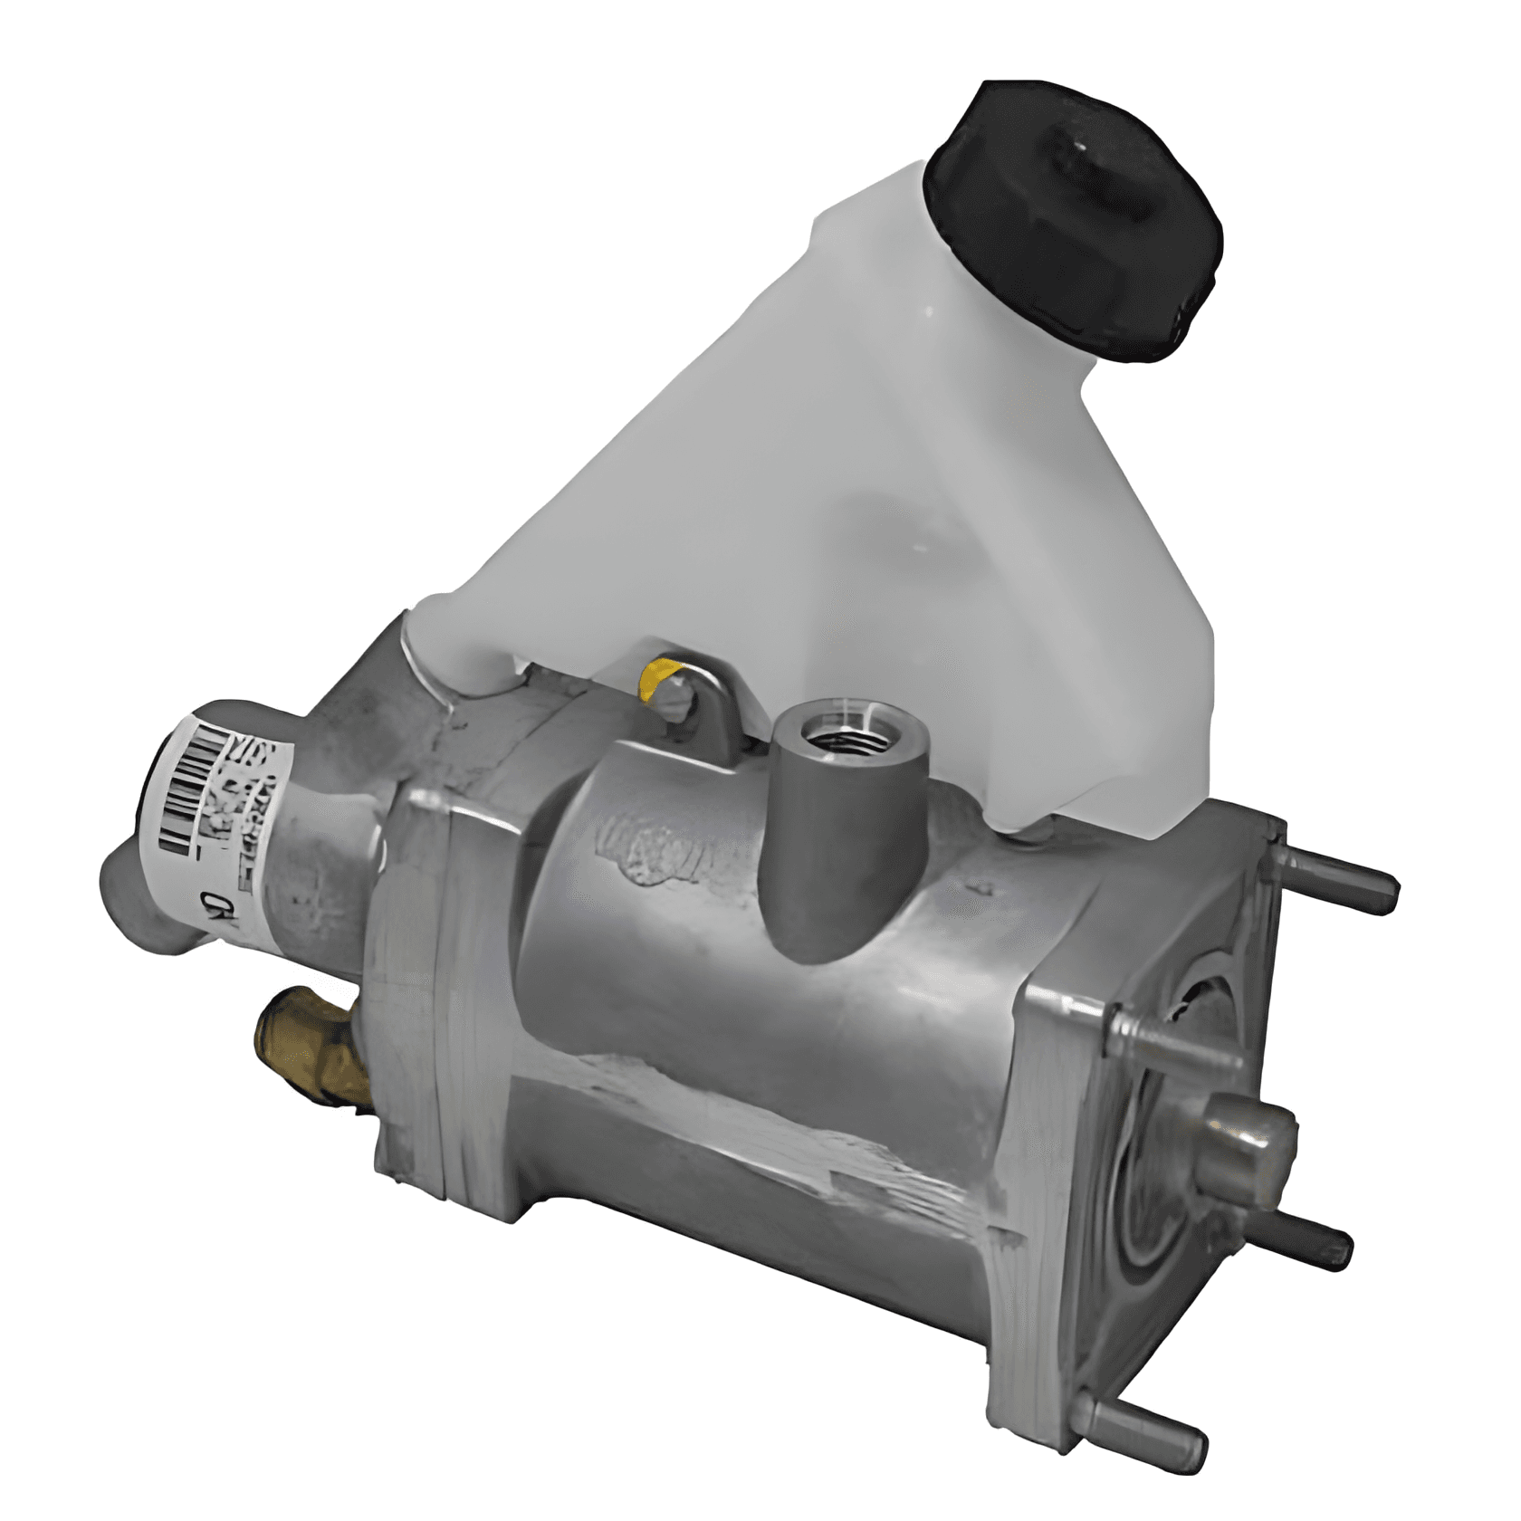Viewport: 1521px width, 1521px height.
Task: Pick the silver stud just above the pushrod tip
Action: coord(1177,1041)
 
